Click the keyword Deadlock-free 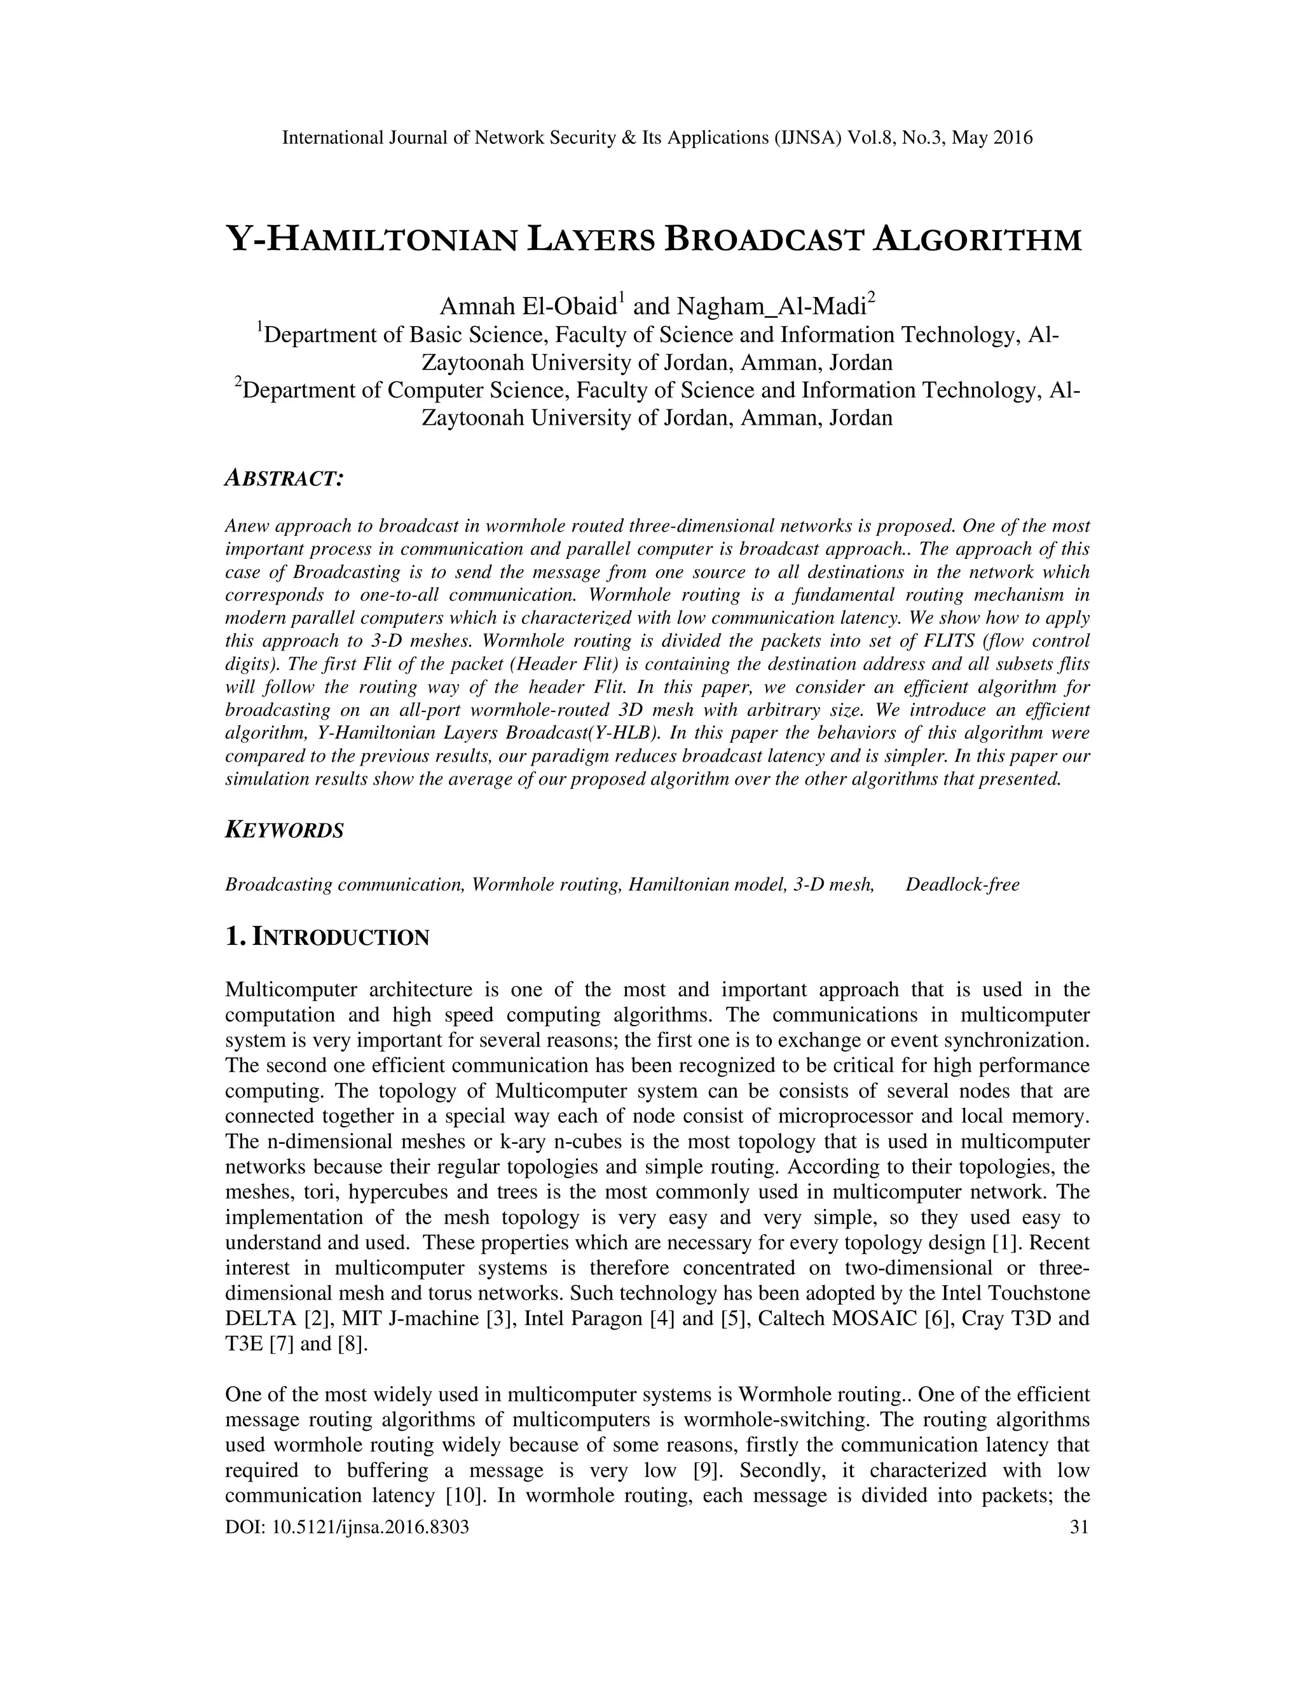pyautogui.click(x=962, y=884)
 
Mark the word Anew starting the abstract pyautogui.click(x=247, y=526)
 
